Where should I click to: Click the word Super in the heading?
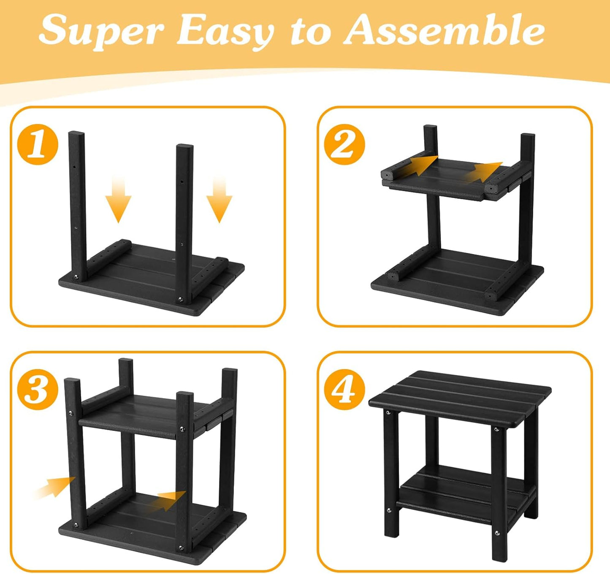[x=101, y=32]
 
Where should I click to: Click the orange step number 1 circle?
[x=38, y=144]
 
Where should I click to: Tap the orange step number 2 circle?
[x=344, y=144]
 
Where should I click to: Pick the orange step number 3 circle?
[x=38, y=390]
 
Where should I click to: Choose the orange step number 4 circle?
[x=344, y=390]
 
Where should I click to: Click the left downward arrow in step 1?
[x=118, y=199]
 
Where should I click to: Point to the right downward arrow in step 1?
[x=220, y=199]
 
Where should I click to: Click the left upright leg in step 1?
[x=78, y=206]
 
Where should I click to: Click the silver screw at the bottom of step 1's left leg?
[x=76, y=277]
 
